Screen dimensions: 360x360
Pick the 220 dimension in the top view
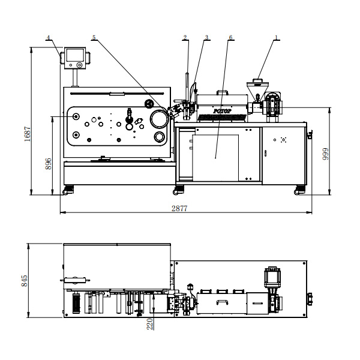tap(150, 323)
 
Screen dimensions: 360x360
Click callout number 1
tap(277, 37)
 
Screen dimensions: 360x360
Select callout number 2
tap(185, 37)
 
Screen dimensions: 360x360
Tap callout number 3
tap(207, 37)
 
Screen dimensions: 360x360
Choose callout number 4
tap(48, 37)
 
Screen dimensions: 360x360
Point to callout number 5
tap(94, 37)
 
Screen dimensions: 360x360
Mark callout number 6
tap(231, 37)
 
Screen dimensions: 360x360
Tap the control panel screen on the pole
tap(75, 58)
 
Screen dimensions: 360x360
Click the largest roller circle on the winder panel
tap(158, 119)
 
